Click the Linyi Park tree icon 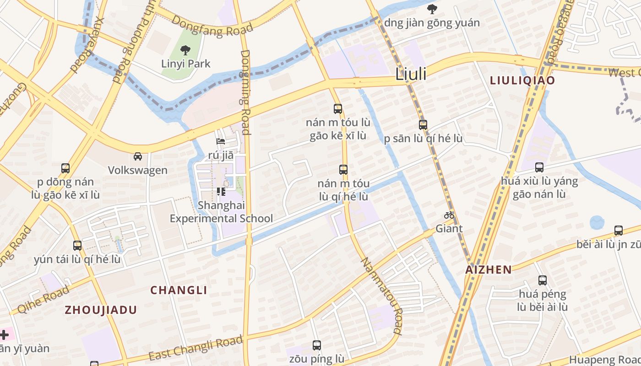[185, 50]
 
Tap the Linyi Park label [185, 64]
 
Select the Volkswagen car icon [137, 156]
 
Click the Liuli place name [411, 74]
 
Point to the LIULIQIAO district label [522, 81]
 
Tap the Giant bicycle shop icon [449, 215]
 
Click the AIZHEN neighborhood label [489, 269]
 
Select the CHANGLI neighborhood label [179, 290]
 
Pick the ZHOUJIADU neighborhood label [101, 310]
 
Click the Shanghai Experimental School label [221, 212]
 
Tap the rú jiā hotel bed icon [221, 142]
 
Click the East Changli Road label [196, 348]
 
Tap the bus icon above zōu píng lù [316, 345]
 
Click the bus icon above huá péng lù [543, 280]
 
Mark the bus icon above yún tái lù [77, 246]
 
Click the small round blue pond [597, 223]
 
